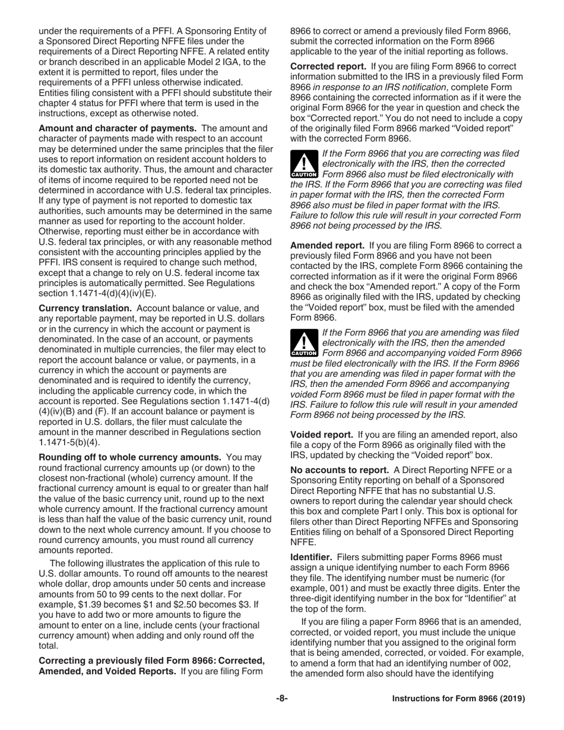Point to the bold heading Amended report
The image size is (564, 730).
tap(327, 245)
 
